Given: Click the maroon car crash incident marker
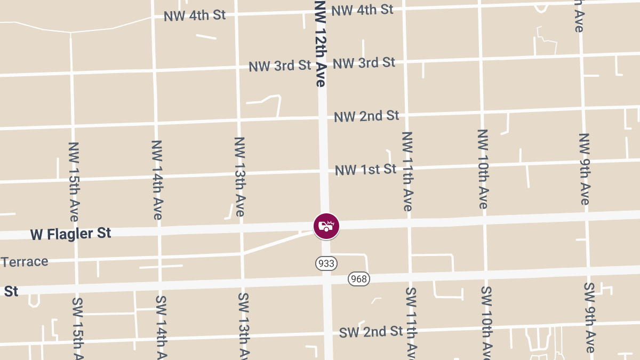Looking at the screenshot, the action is (x=326, y=226).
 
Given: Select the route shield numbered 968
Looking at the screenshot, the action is (x=359, y=278).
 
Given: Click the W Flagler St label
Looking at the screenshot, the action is (x=71, y=234).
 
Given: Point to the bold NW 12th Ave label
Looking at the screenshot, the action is (x=321, y=44).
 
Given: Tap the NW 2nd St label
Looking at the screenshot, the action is (x=366, y=116).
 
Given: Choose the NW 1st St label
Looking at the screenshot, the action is (x=366, y=170).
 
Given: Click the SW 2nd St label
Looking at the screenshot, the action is (x=371, y=332).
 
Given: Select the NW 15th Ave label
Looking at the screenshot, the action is (x=75, y=181).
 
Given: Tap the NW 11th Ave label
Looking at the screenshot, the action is (x=408, y=171).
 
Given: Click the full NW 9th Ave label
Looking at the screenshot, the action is (x=585, y=169).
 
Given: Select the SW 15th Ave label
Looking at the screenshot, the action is (x=77, y=328).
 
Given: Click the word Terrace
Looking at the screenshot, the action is (x=25, y=262).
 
